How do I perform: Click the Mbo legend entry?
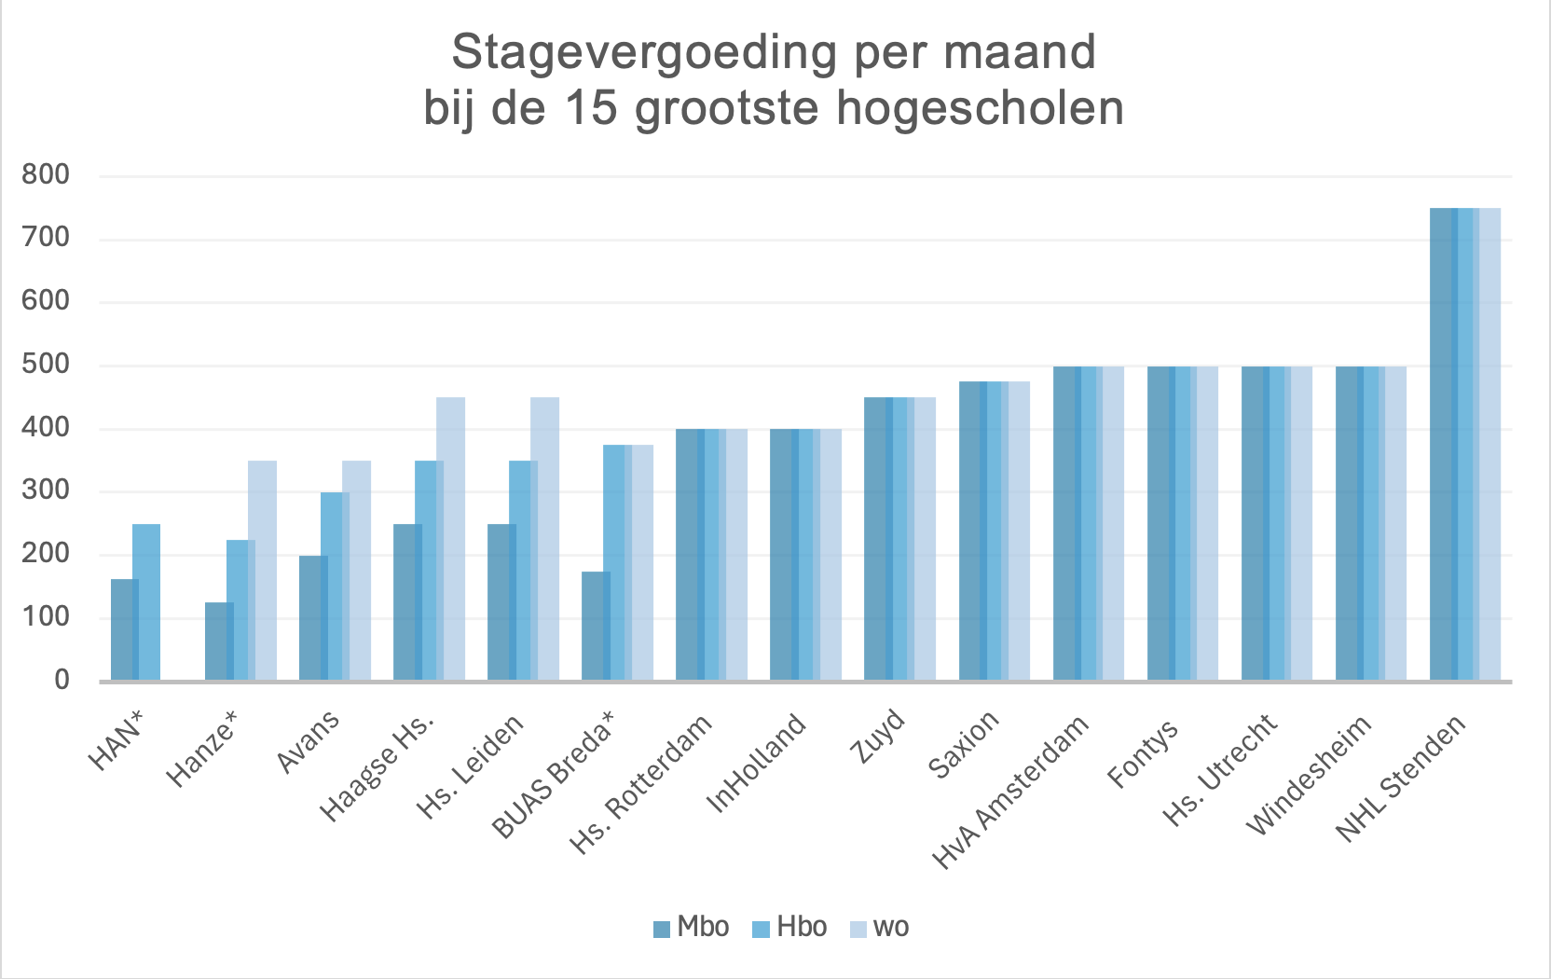tap(691, 928)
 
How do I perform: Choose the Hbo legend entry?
tap(789, 928)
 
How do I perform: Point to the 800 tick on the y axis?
tap(46, 175)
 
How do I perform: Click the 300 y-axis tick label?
tap(46, 490)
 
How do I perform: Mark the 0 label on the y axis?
tap(62, 680)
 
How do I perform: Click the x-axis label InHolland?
tap(756, 764)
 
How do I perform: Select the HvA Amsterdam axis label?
tap(1011, 793)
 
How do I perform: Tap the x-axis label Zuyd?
tap(878, 737)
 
